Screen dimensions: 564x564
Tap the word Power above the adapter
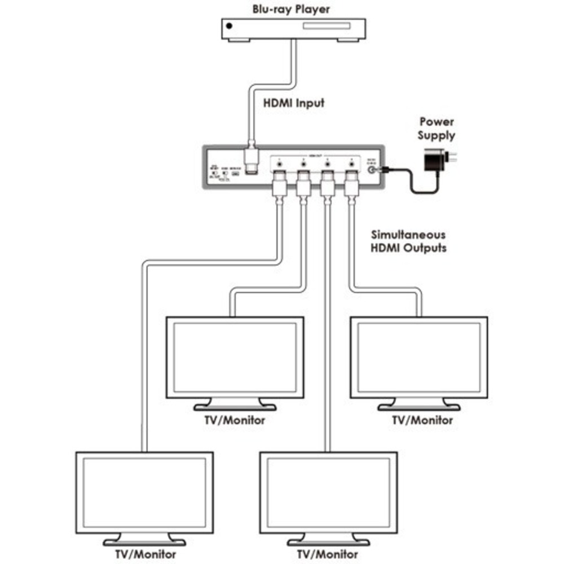437,122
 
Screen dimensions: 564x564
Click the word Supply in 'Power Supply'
437,135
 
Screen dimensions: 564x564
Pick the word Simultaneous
408,234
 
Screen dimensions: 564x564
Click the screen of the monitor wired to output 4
419,358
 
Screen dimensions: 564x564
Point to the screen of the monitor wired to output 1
144,492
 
